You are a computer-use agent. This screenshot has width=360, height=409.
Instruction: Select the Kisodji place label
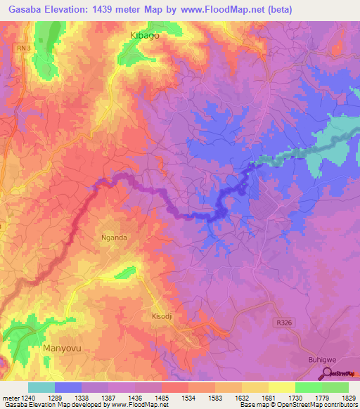pyautogui.click(x=162, y=316)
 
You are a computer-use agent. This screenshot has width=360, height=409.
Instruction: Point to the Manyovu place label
pyautogui.click(x=63, y=348)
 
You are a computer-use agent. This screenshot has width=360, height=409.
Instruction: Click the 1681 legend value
pyautogui.click(x=271, y=398)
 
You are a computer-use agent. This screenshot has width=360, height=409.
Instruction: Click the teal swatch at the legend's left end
pyautogui.click(x=41, y=387)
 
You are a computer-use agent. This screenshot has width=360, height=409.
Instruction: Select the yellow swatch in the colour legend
pyautogui.click(x=281, y=387)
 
